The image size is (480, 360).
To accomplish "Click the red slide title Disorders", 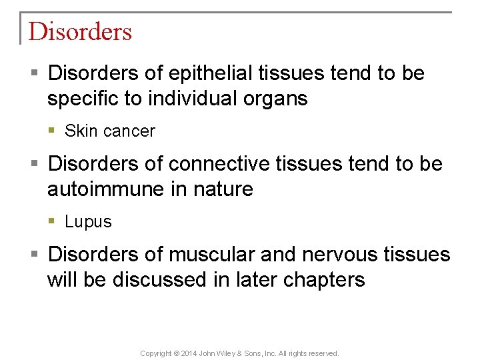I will click(x=80, y=31).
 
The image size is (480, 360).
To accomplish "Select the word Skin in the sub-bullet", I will click(x=81, y=131).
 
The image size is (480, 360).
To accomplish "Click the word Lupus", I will click(x=88, y=222).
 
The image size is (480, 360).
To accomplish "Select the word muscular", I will click(x=208, y=254).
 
